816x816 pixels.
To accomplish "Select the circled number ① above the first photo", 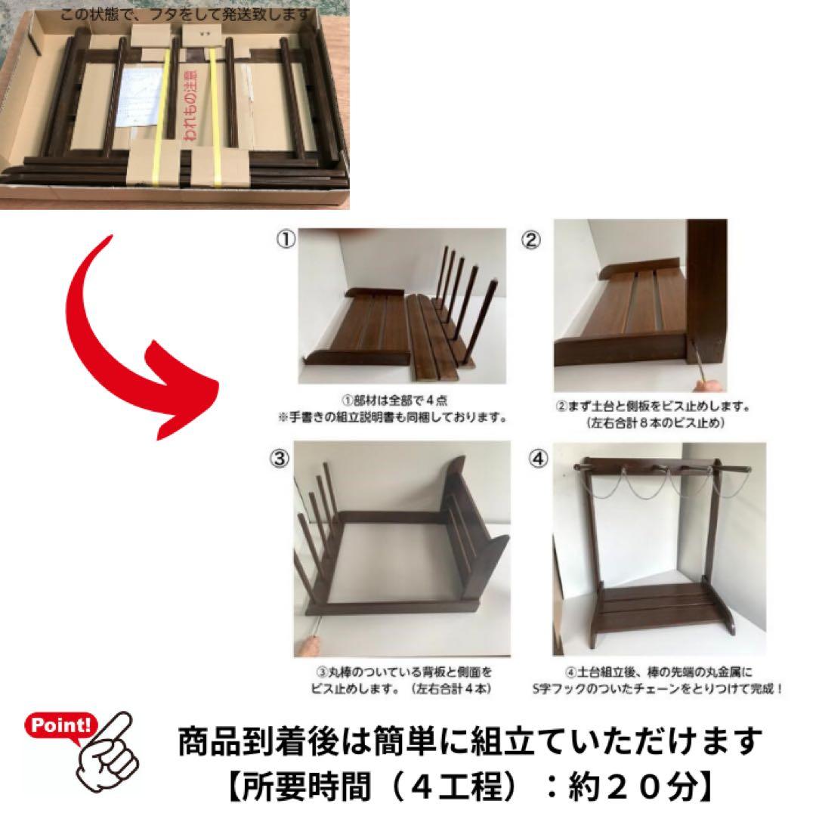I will (285, 240).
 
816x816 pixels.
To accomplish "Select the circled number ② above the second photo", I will (532, 240).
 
